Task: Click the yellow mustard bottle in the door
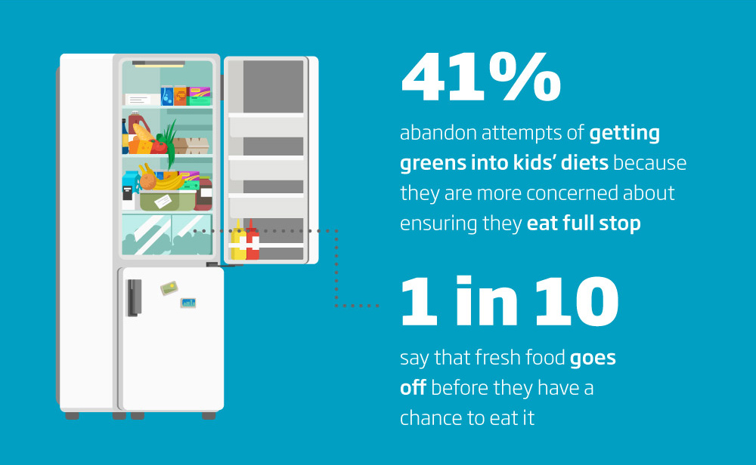(237, 240)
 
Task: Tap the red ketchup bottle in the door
(253, 240)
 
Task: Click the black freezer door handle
(134, 297)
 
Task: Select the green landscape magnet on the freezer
(169, 288)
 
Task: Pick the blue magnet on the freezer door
(188, 303)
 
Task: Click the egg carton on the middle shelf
(191, 146)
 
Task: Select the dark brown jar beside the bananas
(204, 193)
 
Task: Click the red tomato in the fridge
(159, 146)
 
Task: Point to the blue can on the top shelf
(167, 95)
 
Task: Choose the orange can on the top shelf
(181, 95)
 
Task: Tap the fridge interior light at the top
(159, 63)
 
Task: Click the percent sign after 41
(525, 76)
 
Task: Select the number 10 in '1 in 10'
(577, 301)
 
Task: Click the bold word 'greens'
(432, 164)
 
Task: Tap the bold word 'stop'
(620, 224)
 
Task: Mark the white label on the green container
(163, 202)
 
